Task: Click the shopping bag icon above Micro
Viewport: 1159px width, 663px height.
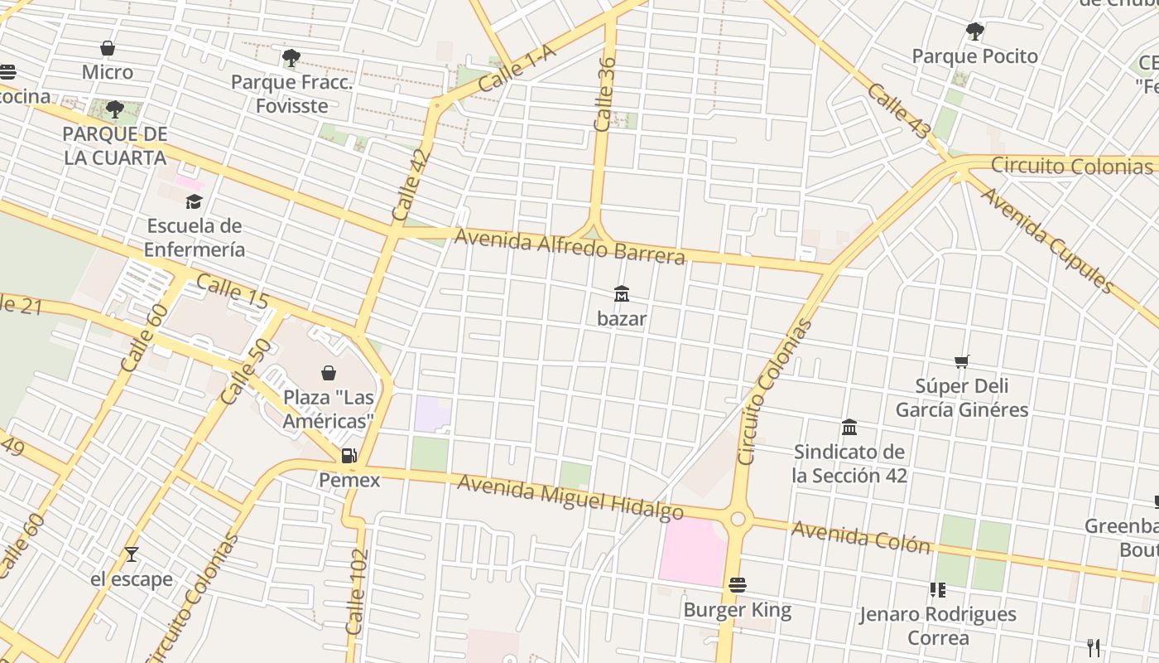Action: pos(108,48)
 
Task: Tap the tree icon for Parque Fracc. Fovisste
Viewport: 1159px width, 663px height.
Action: pos(291,58)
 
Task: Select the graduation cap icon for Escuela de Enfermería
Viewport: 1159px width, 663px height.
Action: pos(194,201)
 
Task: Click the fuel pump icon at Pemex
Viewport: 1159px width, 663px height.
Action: pos(349,455)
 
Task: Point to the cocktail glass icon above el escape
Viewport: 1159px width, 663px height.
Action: pos(132,554)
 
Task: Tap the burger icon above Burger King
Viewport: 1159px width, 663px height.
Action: pos(738,585)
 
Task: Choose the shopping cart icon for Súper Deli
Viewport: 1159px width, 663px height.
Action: pos(961,361)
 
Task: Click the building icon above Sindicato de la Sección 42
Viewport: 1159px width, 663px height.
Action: pos(849,428)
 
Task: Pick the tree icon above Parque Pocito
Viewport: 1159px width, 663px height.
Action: pos(974,32)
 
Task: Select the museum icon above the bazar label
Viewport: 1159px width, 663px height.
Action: pos(622,293)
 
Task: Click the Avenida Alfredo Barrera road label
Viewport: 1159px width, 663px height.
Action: pos(570,246)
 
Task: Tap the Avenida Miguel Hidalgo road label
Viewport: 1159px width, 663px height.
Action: pos(570,497)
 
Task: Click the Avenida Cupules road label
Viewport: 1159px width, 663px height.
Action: pos(1047,239)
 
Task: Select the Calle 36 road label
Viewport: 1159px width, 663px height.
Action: pos(606,93)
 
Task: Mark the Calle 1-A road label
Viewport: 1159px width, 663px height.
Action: pos(517,70)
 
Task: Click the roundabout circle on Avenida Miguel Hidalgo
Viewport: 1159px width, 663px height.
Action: pos(738,520)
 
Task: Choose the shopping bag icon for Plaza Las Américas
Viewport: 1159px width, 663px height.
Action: pos(329,373)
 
